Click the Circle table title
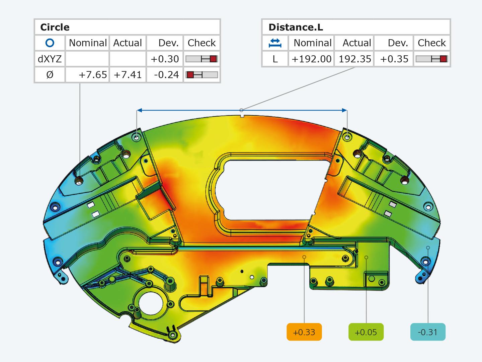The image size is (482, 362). coord(55,27)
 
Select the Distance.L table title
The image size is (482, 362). coord(296,27)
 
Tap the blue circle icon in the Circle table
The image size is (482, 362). coord(50,43)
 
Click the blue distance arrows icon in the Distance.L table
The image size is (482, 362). coord(275,43)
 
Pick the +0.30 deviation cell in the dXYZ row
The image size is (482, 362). coord(165,59)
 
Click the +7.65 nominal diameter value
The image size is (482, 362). coord(93,75)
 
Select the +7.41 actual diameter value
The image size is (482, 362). coord(128,75)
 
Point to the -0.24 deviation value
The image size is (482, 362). coord(166,75)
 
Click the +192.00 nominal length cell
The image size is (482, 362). coord(311,59)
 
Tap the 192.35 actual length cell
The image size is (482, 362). coord(355,59)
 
